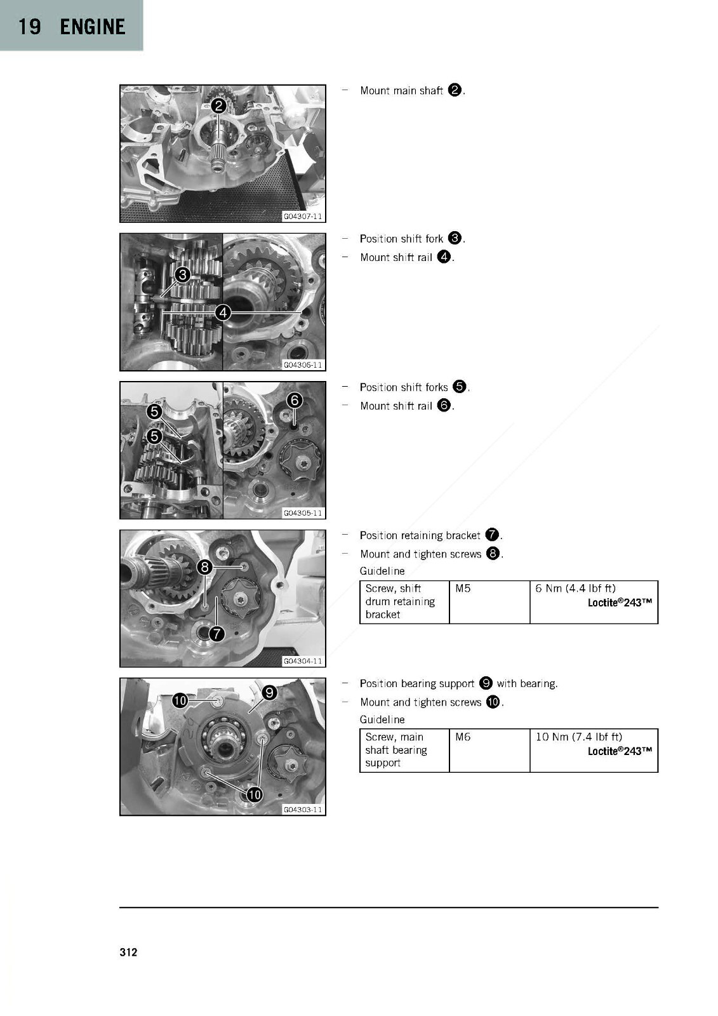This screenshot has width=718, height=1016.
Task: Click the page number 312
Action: click(x=128, y=952)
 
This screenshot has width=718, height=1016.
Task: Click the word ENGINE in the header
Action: click(x=93, y=27)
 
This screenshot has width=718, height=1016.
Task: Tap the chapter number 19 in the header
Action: click(x=29, y=27)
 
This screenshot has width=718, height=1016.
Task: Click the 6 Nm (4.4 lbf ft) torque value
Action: click(x=575, y=588)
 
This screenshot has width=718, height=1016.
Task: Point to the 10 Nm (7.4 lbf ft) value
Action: click(x=579, y=737)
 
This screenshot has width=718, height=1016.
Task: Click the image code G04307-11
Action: click(x=303, y=217)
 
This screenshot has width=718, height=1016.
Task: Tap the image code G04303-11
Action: click(x=303, y=810)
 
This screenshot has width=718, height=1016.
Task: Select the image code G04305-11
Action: click(x=303, y=513)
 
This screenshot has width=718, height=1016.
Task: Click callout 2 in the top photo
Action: click(x=218, y=105)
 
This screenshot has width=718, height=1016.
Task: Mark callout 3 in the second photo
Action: click(x=183, y=274)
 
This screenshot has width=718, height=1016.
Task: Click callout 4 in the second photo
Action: click(x=223, y=312)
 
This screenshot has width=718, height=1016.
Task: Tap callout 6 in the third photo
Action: click(x=295, y=400)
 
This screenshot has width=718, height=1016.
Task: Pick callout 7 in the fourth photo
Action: click(x=217, y=634)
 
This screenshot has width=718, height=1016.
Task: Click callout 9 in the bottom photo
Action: click(x=269, y=693)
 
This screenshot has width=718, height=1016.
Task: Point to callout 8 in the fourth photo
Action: click(x=205, y=567)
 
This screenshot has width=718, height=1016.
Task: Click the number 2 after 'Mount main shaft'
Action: click(x=455, y=90)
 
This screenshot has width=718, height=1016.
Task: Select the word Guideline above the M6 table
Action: click(x=382, y=719)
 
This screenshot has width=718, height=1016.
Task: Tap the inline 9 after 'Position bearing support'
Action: click(x=485, y=683)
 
